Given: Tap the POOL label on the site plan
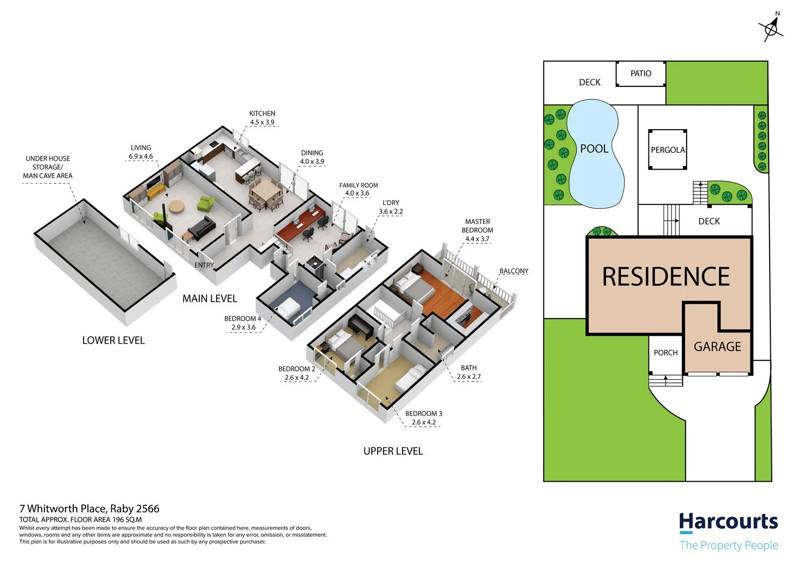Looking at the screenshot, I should pyautogui.click(x=594, y=149).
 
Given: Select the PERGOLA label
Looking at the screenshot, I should pyautogui.click(x=668, y=150).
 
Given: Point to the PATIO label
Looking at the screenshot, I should pyautogui.click(x=641, y=74).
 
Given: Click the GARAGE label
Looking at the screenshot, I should pyautogui.click(x=717, y=346).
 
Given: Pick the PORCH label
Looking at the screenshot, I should pyautogui.click(x=666, y=353).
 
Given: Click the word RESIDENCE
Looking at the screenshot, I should pyautogui.click(x=666, y=277).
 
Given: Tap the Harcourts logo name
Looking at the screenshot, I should pyautogui.click(x=728, y=522).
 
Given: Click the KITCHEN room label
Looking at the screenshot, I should pyautogui.click(x=262, y=114).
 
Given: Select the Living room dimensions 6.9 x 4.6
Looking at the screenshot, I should pyautogui.click(x=141, y=156).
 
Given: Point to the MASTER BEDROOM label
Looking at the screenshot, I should pyautogui.click(x=477, y=226).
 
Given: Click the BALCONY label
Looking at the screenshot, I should pyautogui.click(x=513, y=271).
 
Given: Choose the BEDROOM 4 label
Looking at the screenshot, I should pyautogui.click(x=243, y=319).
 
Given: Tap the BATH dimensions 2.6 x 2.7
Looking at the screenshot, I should pyautogui.click(x=469, y=377).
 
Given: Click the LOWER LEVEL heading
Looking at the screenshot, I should pyautogui.click(x=113, y=341).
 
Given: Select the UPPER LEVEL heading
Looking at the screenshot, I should pyautogui.click(x=393, y=451).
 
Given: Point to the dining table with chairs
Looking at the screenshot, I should pyautogui.click(x=267, y=191).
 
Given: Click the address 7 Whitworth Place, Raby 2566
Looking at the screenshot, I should pyautogui.click(x=89, y=508).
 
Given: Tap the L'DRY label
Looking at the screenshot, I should pyautogui.click(x=391, y=203).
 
